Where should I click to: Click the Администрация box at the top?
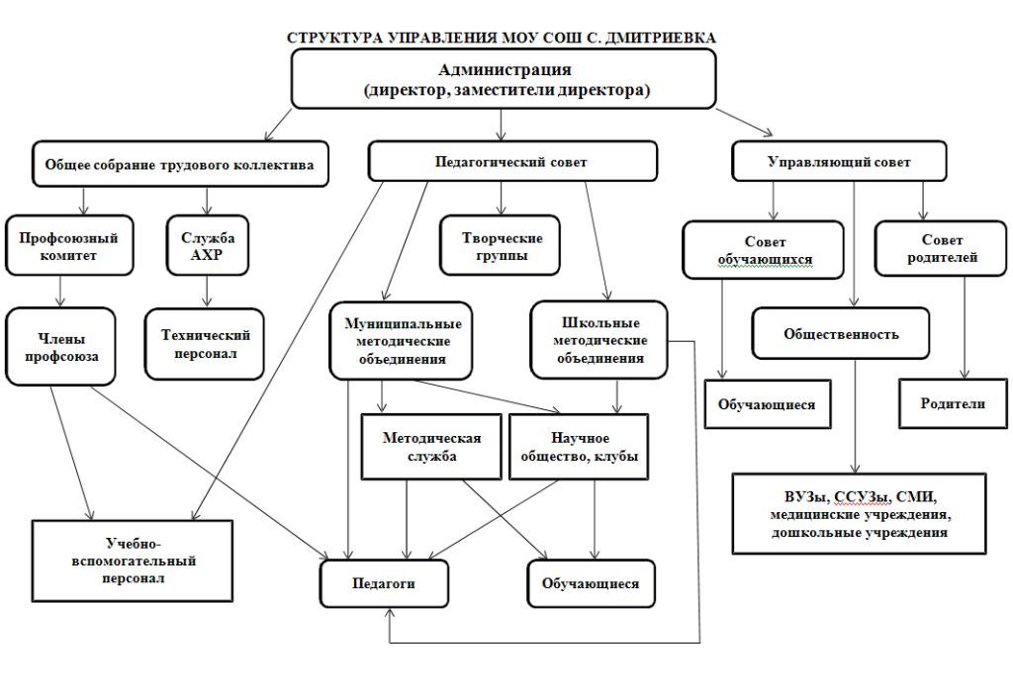[x=504, y=79]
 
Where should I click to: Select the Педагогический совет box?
[x=512, y=161]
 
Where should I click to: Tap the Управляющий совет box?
[x=839, y=161]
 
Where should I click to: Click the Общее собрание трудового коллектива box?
[x=180, y=165]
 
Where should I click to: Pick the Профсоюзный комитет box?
[x=69, y=245]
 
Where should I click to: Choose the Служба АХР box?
[x=208, y=245]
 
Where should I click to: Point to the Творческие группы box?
[x=500, y=245]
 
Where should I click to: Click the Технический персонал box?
[x=205, y=344]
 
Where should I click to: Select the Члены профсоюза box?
[x=60, y=346]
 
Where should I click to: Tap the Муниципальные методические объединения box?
[x=401, y=340]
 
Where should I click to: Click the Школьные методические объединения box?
[x=599, y=340]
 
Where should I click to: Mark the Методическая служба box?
[x=431, y=447]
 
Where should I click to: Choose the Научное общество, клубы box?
[x=579, y=447]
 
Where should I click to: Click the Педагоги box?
[x=385, y=583]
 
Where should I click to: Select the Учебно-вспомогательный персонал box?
[x=133, y=562]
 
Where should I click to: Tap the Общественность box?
[x=841, y=333]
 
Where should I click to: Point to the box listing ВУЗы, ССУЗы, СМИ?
[x=860, y=514]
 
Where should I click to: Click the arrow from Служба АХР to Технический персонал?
[x=207, y=292]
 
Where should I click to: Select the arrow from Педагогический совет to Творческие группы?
[x=501, y=199]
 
